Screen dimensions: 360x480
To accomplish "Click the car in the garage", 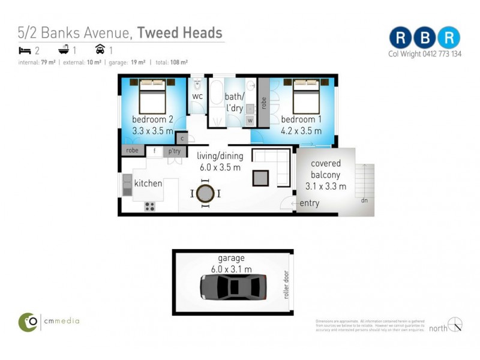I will click(233, 287).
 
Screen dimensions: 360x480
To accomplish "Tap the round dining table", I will click(205, 193).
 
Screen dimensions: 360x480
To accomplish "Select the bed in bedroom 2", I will click(152, 96).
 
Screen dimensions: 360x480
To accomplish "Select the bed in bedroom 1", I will click(306, 96).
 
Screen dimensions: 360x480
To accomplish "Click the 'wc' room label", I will click(197, 96).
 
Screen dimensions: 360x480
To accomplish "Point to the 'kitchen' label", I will click(148, 183).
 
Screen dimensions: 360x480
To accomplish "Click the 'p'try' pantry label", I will click(175, 151).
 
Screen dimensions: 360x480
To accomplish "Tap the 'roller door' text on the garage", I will click(287, 286).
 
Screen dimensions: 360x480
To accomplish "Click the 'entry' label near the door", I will click(310, 203).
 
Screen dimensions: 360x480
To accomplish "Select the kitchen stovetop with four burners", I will click(149, 206).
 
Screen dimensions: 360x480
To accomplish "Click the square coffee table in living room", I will click(261, 178).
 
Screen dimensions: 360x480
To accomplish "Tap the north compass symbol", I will click(455, 325).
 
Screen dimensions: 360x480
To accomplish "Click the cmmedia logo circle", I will click(28, 322).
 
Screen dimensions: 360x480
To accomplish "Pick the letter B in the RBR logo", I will click(424, 37).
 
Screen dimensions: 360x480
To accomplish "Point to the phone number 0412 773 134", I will click(440, 54).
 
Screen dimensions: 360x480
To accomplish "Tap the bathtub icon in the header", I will click(62, 50).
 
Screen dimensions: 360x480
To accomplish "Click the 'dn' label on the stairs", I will click(364, 200).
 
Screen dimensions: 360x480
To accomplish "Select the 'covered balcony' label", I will click(326, 169).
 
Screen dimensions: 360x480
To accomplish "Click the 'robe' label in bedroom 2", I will click(133, 151).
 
